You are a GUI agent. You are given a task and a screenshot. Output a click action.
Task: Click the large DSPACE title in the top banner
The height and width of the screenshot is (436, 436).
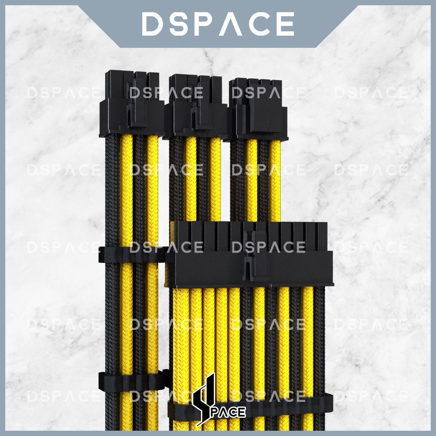click(x=218, y=24)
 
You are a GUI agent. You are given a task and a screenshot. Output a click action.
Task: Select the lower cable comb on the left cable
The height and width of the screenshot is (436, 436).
click(x=132, y=380)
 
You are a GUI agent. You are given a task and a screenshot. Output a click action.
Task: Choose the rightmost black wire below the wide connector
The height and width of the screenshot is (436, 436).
click(x=320, y=341)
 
